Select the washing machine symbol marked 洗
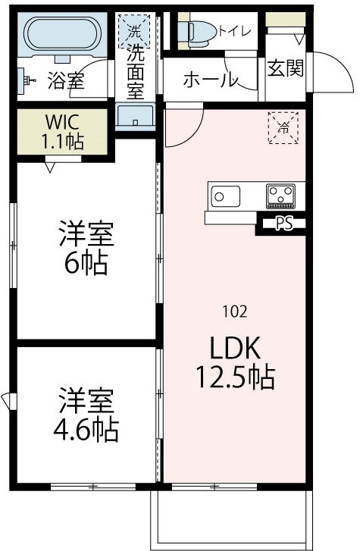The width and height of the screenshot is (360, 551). (x=133, y=33)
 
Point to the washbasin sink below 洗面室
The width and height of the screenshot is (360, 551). (x=136, y=117)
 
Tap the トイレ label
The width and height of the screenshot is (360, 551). (x=236, y=31)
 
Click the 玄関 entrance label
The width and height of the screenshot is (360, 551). (x=286, y=68)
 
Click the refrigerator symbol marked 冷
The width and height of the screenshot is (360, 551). (x=283, y=127)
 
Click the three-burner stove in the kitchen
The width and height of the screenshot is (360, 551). (x=280, y=196)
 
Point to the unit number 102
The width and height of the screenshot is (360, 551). (x=234, y=310)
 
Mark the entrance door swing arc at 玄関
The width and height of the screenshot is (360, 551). (x=324, y=70)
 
